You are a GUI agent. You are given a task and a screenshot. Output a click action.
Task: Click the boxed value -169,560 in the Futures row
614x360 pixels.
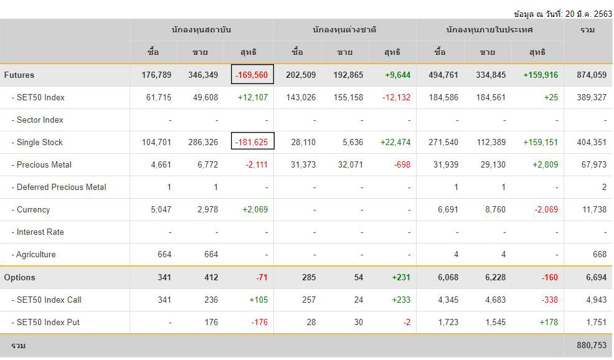[252, 75]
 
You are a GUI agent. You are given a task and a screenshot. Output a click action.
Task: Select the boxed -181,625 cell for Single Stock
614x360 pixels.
[252, 142]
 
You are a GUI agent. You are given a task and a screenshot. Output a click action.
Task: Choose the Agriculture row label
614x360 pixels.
[36, 254]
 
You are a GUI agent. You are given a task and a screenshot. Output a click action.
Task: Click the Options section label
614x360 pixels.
[20, 277]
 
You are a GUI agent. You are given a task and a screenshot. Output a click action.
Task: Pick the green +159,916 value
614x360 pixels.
[541, 75]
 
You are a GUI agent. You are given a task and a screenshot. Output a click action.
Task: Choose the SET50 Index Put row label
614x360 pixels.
[48, 322]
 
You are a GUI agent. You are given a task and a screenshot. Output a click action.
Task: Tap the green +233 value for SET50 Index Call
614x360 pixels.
[401, 300]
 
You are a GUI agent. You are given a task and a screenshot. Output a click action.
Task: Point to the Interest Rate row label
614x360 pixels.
[40, 232]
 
